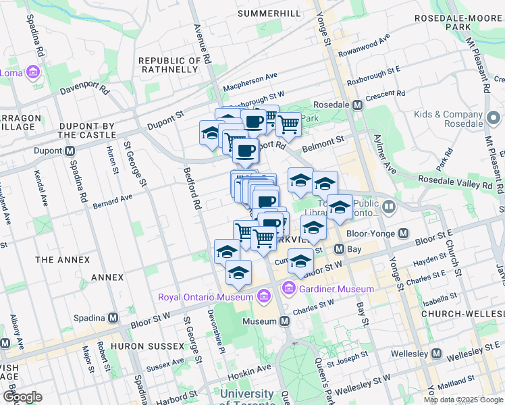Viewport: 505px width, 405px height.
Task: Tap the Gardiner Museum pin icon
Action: coord(289,289)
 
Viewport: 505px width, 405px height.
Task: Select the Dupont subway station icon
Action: coord(70,151)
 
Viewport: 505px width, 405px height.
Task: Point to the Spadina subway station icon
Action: coord(113,317)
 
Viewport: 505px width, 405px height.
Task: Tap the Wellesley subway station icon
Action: coord(437,354)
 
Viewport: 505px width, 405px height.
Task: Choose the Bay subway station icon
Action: coord(340,249)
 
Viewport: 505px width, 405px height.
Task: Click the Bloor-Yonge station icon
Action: coord(403,234)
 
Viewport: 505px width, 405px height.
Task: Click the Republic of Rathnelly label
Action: coord(169,66)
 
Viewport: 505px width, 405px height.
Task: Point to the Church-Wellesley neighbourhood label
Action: coord(463,315)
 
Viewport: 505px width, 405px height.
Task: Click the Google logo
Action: coord(22,397)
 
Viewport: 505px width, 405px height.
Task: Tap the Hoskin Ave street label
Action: coord(248,368)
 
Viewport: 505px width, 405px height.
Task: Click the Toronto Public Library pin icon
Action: coord(388,207)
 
